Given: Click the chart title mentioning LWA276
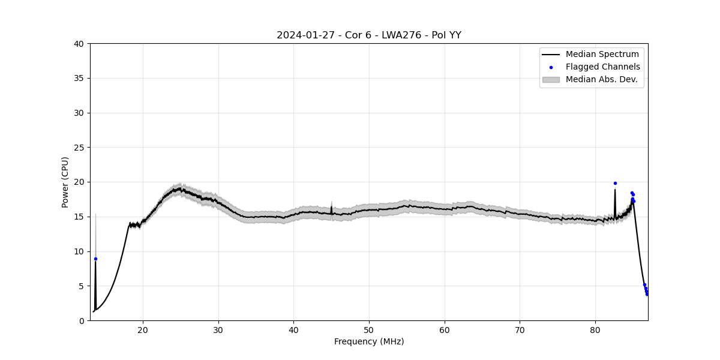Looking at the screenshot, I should click(x=368, y=35).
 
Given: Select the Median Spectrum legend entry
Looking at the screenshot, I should click(x=602, y=55).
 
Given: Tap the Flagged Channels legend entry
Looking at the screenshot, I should click(x=602, y=67).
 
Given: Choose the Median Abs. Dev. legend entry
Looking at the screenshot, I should click(x=601, y=80).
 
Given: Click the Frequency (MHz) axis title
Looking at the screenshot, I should click(x=369, y=342).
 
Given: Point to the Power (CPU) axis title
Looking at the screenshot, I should click(x=65, y=182).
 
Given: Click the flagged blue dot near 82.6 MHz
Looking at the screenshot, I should click(x=615, y=183).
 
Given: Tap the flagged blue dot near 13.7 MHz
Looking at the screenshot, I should click(x=95, y=259).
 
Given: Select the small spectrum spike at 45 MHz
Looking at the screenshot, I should click(x=331, y=208).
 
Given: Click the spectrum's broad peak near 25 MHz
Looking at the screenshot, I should click(x=179, y=189).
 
